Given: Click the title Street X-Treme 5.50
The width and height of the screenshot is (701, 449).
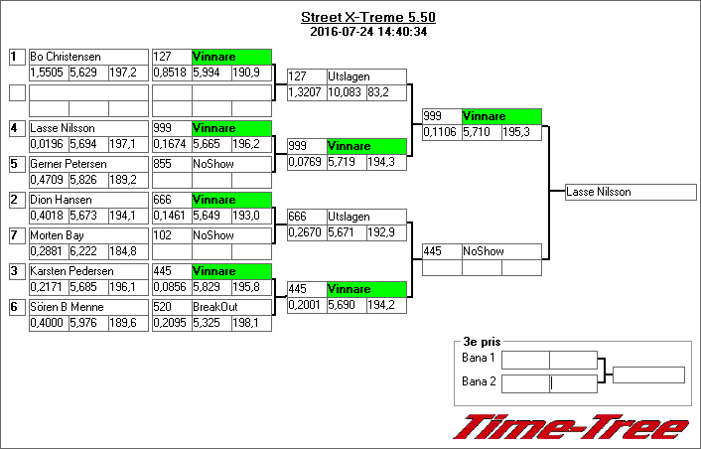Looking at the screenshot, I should point(367,18).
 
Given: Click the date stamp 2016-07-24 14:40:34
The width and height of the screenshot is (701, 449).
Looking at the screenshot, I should point(367,32).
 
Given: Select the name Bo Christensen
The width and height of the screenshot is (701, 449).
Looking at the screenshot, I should point(66,58).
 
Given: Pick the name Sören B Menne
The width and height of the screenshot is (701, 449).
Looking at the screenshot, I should point(67,307).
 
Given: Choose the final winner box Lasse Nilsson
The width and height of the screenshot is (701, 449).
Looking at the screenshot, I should point(624,193).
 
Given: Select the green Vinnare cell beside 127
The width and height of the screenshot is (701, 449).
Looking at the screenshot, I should point(231,58).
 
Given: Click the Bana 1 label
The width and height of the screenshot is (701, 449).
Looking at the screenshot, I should point(479,358).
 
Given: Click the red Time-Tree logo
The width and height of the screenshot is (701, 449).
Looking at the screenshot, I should point(571,426).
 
